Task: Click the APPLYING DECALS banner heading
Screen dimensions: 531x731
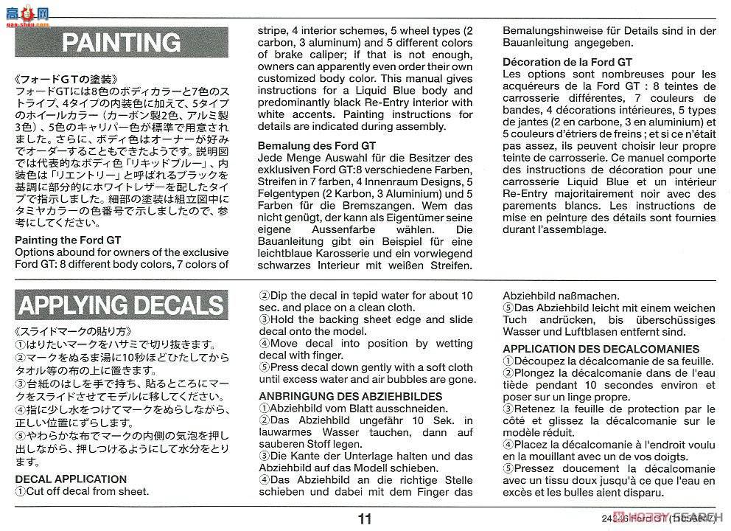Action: (122, 305)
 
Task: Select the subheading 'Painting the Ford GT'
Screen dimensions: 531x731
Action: (68, 240)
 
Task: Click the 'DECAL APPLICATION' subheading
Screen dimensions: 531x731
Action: (71, 479)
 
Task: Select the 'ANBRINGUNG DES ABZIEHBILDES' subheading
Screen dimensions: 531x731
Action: (350, 396)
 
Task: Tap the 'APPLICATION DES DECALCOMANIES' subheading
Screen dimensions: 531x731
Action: (601, 349)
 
